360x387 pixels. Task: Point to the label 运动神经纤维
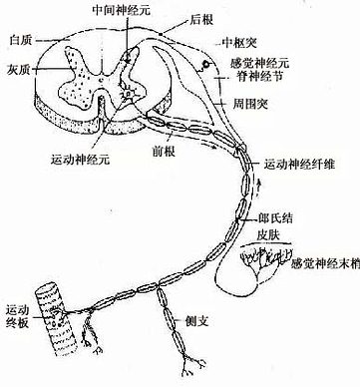coord(305,162)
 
